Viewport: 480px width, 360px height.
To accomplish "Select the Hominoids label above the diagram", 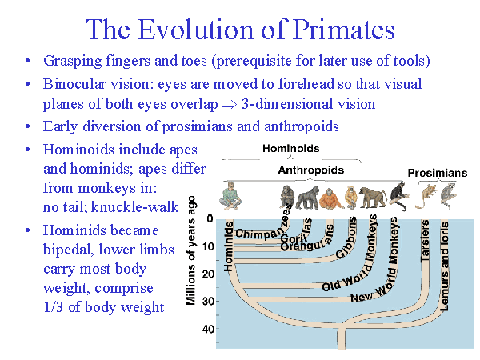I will pos(290,149).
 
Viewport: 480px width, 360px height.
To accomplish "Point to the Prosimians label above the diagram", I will pos(438,173).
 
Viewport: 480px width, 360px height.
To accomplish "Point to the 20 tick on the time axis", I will pos(209,274).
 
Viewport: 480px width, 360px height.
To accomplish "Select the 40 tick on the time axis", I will pos(209,329).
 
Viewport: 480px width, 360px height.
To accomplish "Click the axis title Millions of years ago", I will pos(192,250).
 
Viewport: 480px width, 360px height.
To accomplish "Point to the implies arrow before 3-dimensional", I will pos(270,104).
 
